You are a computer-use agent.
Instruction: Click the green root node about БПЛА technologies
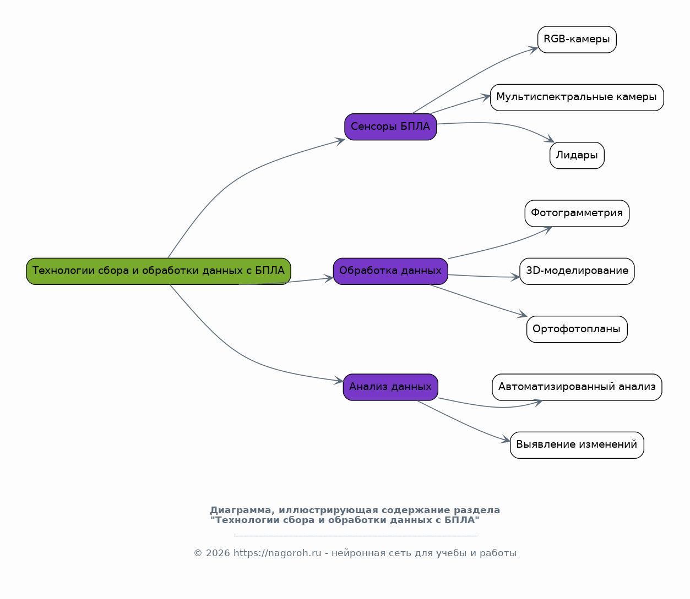[159, 271]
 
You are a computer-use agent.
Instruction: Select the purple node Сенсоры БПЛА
[390, 127]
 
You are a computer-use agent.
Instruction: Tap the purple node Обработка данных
[390, 271]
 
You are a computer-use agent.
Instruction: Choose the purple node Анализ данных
[390, 387]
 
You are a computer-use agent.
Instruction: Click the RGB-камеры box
[577, 40]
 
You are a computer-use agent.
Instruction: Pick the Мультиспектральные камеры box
[577, 97]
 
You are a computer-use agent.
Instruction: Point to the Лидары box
[577, 156]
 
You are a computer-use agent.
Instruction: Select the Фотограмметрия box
[577, 213]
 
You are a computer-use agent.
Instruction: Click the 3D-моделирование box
[577, 271]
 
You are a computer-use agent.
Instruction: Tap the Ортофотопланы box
[577, 329]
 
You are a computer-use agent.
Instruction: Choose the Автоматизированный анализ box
[577, 387]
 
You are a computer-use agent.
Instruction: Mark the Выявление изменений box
[577, 445]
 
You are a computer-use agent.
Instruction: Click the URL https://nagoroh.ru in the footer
[277, 553]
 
